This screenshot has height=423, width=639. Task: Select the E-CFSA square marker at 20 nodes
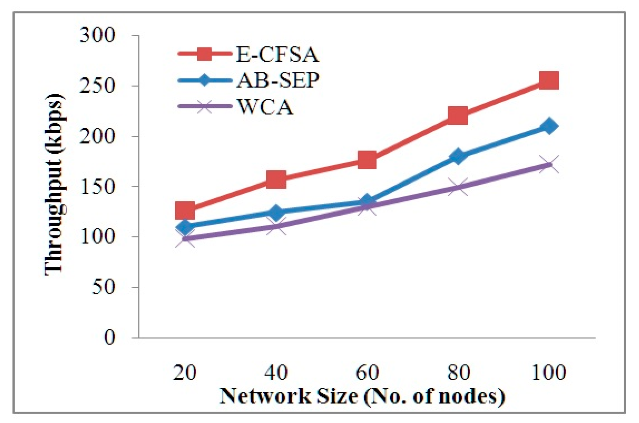pos(185,210)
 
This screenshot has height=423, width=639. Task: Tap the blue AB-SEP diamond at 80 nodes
pos(458,156)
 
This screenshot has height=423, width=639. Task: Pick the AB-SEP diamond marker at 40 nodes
pos(276,212)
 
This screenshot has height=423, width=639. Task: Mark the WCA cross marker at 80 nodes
pos(458,187)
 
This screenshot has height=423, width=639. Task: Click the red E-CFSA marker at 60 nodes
pos(367,160)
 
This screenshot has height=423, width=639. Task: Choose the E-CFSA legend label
pos(277,55)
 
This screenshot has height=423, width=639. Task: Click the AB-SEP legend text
pos(278,80)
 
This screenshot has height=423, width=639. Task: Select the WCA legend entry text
pos(266,107)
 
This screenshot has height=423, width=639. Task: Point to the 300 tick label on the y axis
pos(97,35)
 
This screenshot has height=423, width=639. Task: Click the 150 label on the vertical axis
pos(97,186)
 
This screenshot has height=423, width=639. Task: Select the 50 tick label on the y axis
pos(103,287)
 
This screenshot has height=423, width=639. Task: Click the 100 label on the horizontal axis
pos(549,372)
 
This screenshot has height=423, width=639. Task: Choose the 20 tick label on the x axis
pos(185,372)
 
